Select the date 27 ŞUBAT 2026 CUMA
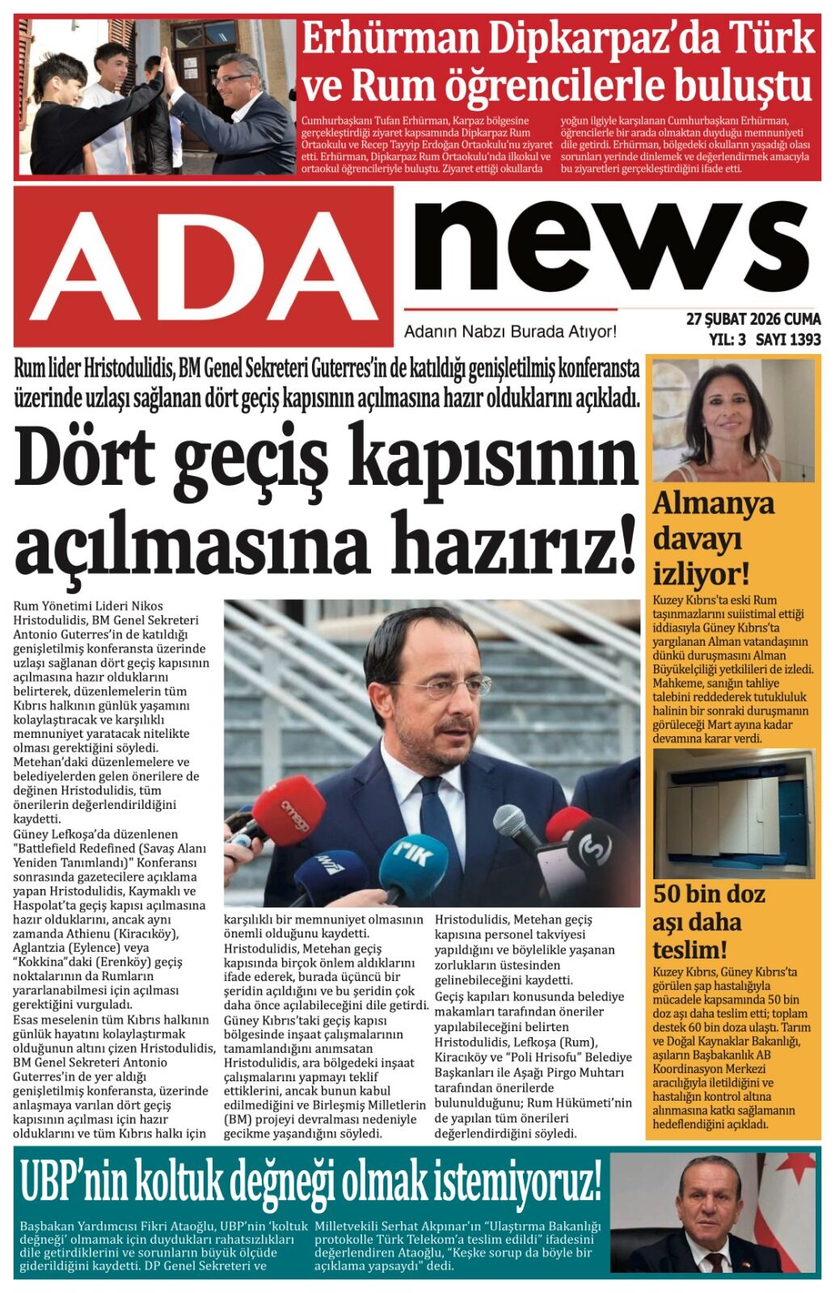click(x=753, y=318)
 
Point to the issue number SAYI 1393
click(x=788, y=339)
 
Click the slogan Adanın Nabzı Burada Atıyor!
click(x=510, y=331)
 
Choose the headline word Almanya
click(x=713, y=503)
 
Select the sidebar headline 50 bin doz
click(x=708, y=894)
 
